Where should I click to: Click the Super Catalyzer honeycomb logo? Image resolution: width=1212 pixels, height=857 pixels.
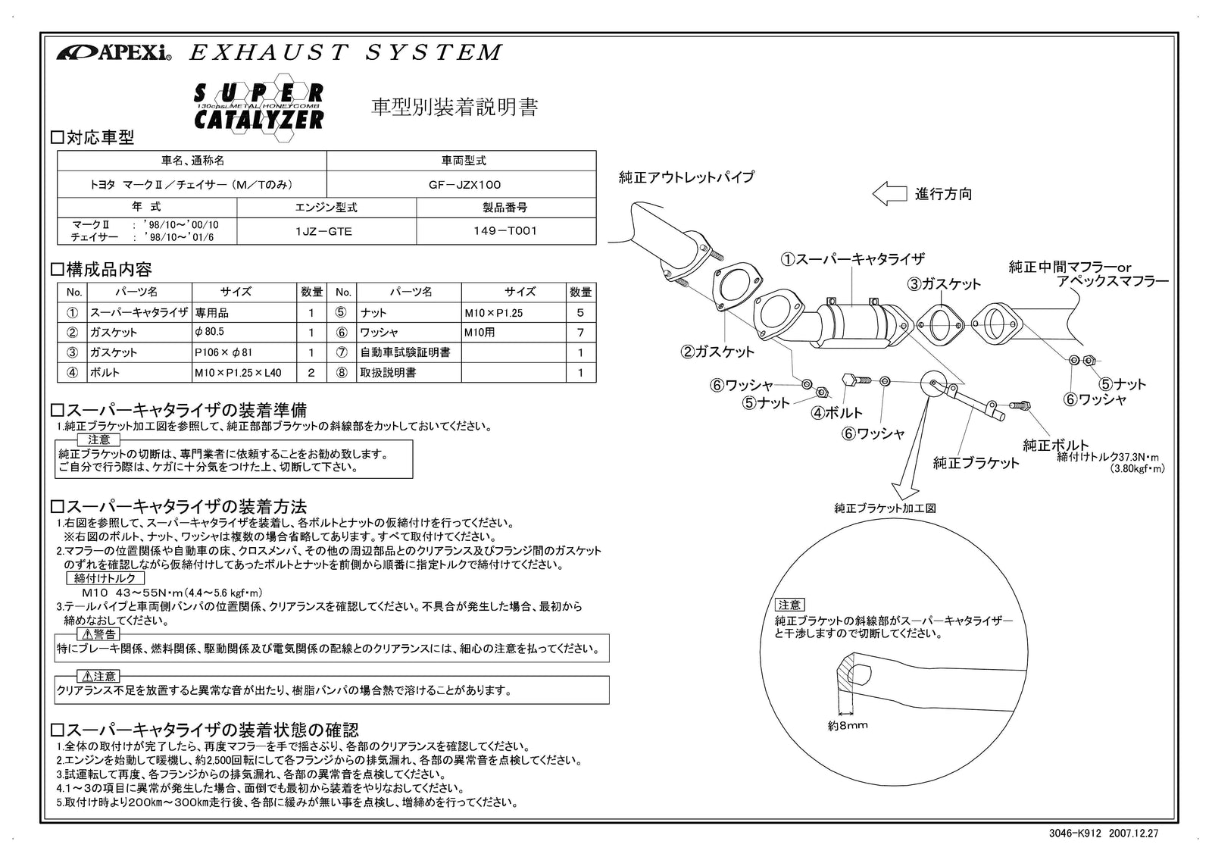click(259, 108)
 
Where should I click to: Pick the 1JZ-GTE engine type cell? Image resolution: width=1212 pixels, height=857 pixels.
click(323, 232)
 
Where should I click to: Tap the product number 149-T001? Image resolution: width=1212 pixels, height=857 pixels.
click(505, 232)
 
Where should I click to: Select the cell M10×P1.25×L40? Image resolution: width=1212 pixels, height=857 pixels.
click(238, 372)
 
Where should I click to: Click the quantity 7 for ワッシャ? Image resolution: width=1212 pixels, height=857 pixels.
click(579, 332)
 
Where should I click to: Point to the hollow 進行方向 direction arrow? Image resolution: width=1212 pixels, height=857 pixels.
click(889, 194)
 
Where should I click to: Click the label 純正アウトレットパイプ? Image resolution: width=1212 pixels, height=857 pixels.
click(686, 177)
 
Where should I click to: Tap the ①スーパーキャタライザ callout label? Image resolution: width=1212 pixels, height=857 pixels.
click(852, 259)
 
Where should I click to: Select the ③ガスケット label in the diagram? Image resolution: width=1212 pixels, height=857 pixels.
click(945, 284)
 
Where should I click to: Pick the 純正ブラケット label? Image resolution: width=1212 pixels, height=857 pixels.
click(976, 463)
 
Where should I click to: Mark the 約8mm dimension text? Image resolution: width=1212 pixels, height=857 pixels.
click(848, 725)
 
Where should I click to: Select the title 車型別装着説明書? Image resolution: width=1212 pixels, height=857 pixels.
click(454, 108)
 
